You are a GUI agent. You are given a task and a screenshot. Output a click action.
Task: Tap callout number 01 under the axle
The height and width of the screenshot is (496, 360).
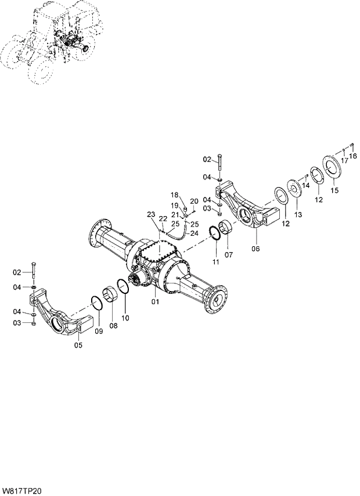156,302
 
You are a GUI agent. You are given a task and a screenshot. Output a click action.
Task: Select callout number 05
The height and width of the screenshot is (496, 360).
78,346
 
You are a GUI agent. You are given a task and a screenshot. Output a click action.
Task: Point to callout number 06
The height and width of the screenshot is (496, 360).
255,249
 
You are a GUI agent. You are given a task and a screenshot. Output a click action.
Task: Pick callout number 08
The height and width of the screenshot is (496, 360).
113,326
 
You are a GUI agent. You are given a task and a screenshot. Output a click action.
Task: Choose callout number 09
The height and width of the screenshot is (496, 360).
98,331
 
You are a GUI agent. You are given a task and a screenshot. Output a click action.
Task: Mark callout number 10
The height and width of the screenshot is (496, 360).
125,318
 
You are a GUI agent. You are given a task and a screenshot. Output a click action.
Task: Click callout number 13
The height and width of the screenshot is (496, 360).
298,215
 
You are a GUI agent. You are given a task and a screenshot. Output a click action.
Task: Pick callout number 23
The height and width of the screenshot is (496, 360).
150,215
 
